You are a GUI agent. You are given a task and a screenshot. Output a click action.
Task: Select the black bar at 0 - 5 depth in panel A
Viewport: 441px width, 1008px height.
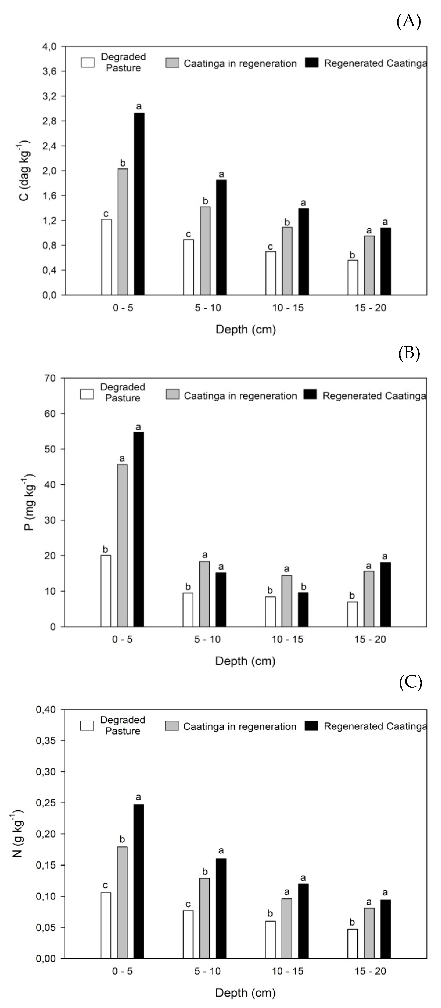tap(139, 204)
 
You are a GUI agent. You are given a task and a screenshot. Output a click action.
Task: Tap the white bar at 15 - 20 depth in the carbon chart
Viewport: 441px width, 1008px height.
tap(353, 277)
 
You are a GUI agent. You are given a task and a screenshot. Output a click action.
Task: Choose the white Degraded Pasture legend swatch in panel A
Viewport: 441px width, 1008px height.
tap(88, 63)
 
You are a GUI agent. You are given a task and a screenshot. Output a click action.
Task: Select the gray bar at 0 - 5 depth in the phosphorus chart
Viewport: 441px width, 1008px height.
tap(122, 545)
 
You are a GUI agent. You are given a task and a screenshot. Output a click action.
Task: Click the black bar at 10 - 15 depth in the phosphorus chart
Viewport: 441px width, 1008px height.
tap(303, 609)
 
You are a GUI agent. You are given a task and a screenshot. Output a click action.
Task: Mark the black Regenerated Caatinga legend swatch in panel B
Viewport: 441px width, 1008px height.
tap(312, 394)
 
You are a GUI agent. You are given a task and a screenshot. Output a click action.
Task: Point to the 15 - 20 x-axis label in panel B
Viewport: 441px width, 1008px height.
tap(370, 639)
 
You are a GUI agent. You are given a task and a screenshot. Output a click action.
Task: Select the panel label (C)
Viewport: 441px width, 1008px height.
tap(410, 683)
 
